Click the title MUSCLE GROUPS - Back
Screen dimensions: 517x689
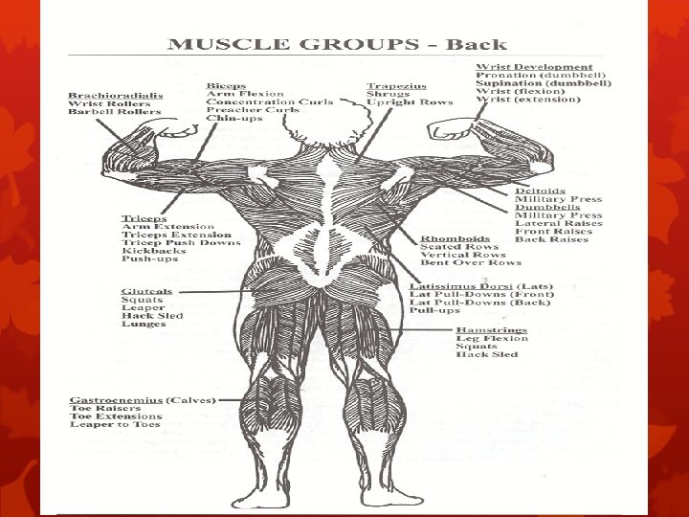[338, 44]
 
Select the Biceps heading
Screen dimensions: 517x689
[227, 84]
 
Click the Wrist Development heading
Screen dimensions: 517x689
[534, 66]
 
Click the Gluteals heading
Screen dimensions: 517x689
[146, 290]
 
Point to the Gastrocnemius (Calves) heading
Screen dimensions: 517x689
[143, 398]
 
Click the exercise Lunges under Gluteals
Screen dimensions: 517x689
[144, 324]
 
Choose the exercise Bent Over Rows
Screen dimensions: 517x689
[471, 263]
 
